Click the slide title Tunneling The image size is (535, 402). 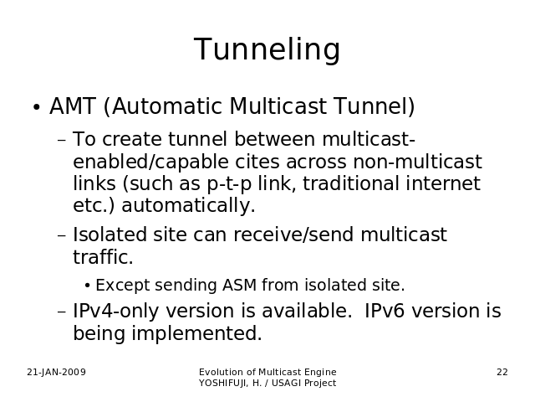pos(267,50)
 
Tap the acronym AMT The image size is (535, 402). pos(73,106)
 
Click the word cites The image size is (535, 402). pos(257,162)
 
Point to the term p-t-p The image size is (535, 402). pos(229,184)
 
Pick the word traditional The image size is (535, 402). pos(351,183)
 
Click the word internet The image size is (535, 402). pos(443,183)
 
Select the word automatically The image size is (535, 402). pos(188,206)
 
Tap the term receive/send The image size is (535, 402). pos(293,234)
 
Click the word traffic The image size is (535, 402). pos(103,257)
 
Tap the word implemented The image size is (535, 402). pos(197,333)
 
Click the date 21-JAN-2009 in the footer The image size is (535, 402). pos(56,372)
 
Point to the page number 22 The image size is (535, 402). pos(502,372)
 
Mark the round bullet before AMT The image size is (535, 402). pos(37,107)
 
